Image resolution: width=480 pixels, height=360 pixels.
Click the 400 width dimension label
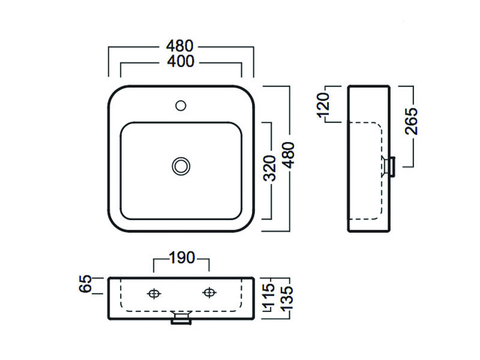click(x=181, y=62)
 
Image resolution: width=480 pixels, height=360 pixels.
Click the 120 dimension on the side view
click(x=325, y=104)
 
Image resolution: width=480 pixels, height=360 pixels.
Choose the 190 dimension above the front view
click(x=181, y=259)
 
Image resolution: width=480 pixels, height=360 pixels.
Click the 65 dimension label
click(x=86, y=284)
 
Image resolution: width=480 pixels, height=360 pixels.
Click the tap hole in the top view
click(x=181, y=106)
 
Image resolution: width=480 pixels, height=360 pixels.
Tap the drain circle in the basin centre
click(x=181, y=166)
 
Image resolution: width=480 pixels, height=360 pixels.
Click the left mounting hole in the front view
click(x=154, y=293)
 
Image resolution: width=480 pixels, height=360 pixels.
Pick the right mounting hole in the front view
click(x=209, y=293)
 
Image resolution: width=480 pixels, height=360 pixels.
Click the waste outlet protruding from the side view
click(x=391, y=166)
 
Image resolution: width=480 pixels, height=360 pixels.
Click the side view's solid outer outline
click(x=349, y=180)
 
